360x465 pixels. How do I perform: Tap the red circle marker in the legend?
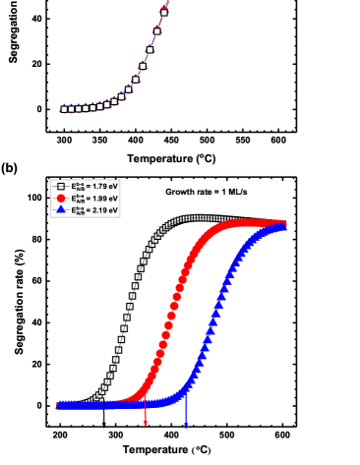pyautogui.click(x=60, y=198)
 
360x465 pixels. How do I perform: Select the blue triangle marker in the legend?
pyautogui.click(x=60, y=209)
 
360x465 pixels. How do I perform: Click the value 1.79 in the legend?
pyautogui.click(x=98, y=186)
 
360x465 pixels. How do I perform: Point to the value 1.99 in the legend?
pyautogui.click(x=98, y=198)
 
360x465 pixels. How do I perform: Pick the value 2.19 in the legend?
pyautogui.click(x=98, y=209)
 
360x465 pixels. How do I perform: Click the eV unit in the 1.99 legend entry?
pyautogui.click(x=113, y=198)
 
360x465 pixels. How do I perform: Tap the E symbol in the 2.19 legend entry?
pyautogui.click(x=74, y=209)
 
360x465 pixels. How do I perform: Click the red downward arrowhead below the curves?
pyautogui.click(x=146, y=425)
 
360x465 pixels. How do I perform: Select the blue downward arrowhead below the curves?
pyautogui.click(x=186, y=425)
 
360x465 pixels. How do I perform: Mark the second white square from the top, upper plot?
pyautogui.click(x=157, y=29)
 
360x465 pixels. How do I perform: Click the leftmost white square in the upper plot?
pyautogui.click(x=64, y=109)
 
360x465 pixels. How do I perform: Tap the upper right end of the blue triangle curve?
pyautogui.click(x=284, y=226)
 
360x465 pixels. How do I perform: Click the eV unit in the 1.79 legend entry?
pyautogui.click(x=113, y=186)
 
